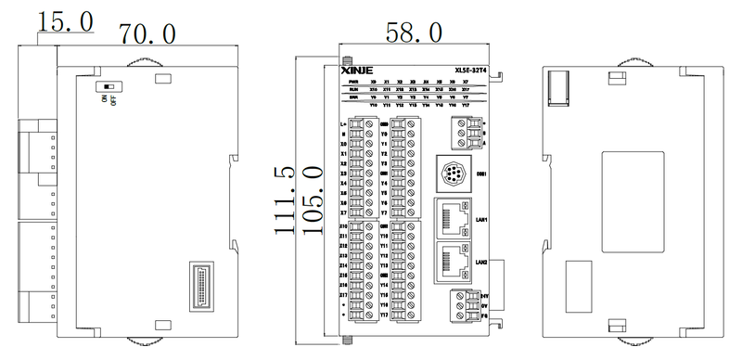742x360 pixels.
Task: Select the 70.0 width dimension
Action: coord(148,34)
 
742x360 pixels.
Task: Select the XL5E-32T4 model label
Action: coord(471,71)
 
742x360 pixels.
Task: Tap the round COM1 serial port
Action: coord(454,174)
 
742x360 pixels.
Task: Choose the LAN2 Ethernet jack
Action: coord(453,262)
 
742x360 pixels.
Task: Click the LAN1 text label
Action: coord(481,221)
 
